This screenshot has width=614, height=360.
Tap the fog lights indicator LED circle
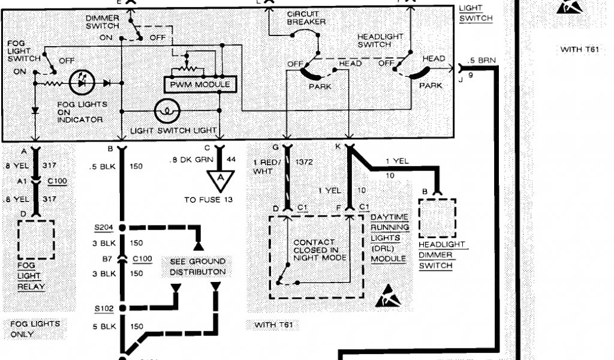pos(82,83)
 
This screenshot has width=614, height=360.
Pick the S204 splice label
pos(103,228)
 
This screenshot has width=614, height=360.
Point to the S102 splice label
pos(103,309)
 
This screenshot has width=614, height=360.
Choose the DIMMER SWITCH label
pos(103,22)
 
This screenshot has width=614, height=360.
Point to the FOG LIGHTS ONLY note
pos(35,328)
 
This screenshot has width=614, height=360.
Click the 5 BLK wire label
pos(104,327)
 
